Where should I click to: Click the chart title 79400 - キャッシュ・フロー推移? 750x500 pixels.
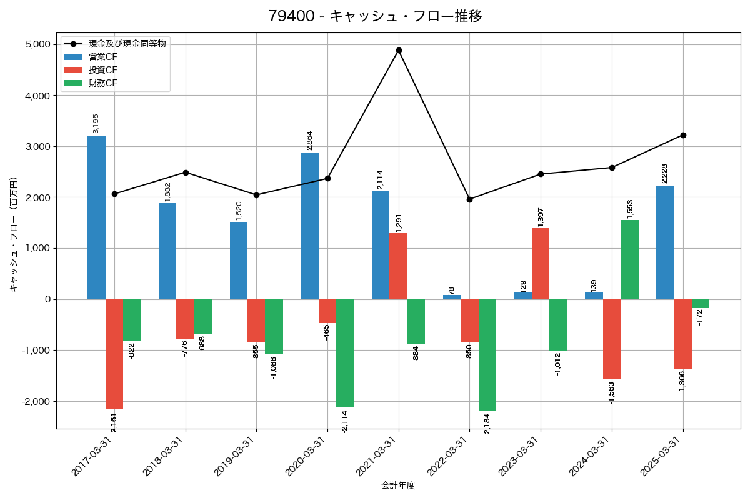point(375,16)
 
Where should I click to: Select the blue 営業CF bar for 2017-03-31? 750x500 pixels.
point(96,217)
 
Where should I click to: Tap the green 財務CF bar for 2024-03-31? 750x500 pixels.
point(629,259)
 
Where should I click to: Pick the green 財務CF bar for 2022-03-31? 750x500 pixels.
point(487,354)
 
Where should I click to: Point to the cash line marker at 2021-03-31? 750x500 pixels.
point(399,50)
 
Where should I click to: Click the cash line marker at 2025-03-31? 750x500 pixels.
point(683,135)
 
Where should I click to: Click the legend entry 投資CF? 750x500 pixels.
point(103,70)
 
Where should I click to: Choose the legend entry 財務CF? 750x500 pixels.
point(103,83)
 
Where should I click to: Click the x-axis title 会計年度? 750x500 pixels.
point(398,486)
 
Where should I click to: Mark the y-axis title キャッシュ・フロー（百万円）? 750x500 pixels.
point(14,234)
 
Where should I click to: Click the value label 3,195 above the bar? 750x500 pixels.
point(96,124)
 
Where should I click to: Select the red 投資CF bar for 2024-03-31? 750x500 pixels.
point(612,339)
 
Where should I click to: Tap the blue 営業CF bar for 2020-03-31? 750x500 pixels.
point(309,226)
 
